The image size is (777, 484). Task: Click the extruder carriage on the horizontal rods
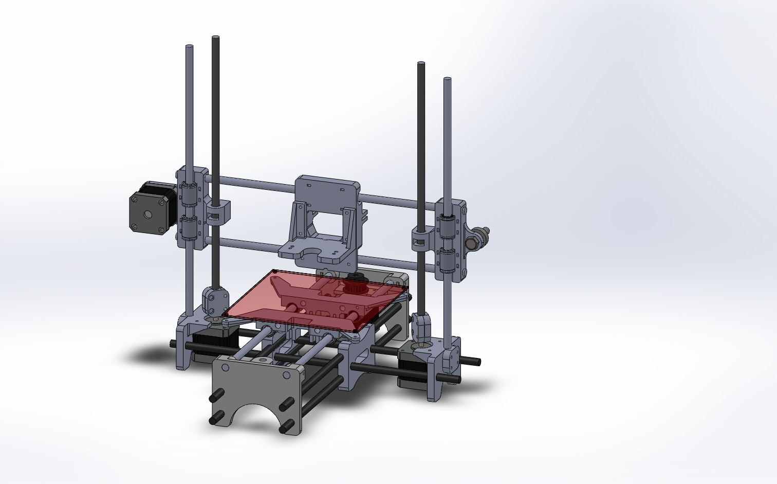[x=324, y=216]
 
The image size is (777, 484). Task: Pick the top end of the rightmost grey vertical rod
[x=447, y=80]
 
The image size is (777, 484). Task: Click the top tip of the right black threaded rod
[x=421, y=64]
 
